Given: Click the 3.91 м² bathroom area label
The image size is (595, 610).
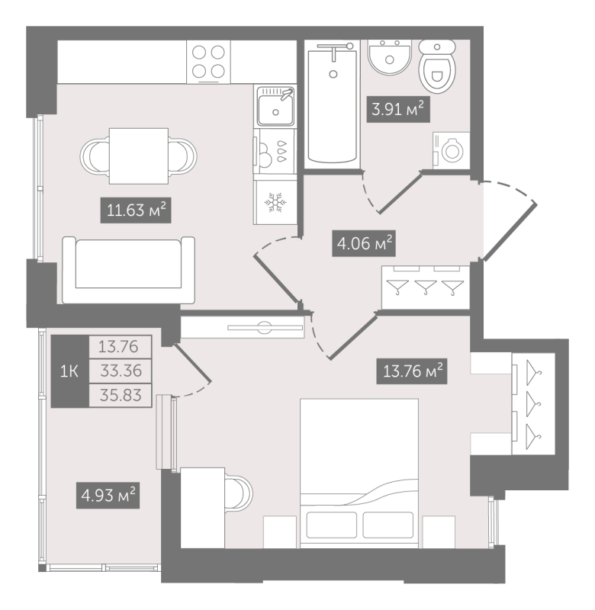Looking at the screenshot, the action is pyautogui.click(x=398, y=109).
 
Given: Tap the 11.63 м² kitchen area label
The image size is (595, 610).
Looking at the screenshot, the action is pyautogui.click(x=136, y=210).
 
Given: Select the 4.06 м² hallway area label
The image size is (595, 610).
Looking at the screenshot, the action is pyautogui.click(x=364, y=243).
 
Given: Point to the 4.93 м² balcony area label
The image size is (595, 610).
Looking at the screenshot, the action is pyautogui.click(x=108, y=495).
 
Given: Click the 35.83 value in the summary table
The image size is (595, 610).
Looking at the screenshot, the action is pyautogui.click(x=121, y=395).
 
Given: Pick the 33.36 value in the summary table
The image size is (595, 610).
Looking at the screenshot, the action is pyautogui.click(x=121, y=371).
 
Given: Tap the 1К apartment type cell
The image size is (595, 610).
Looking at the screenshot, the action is pyautogui.click(x=69, y=371).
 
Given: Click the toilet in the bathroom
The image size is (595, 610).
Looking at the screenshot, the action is pyautogui.click(x=437, y=66).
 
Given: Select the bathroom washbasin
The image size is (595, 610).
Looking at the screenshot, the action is pyautogui.click(x=389, y=56).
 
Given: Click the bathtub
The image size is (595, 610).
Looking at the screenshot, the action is pyautogui.click(x=333, y=104).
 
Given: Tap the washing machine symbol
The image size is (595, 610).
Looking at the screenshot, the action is pyautogui.click(x=452, y=150).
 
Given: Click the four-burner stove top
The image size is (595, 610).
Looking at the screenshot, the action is pyautogui.click(x=208, y=62).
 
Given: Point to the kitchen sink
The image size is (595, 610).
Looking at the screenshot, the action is pyautogui.click(x=275, y=106).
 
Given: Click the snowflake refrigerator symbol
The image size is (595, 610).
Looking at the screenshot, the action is pyautogui.click(x=275, y=202).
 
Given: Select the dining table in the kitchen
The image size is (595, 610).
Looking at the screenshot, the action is pyautogui.click(x=139, y=156).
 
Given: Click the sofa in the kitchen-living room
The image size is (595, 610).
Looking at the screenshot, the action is pyautogui.click(x=128, y=270).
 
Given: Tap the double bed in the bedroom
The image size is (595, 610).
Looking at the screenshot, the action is pyautogui.click(x=359, y=473).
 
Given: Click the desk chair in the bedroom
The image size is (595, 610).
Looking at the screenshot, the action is pyautogui.click(x=239, y=493).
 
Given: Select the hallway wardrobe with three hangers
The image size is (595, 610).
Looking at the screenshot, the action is pyautogui.click(x=426, y=287).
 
